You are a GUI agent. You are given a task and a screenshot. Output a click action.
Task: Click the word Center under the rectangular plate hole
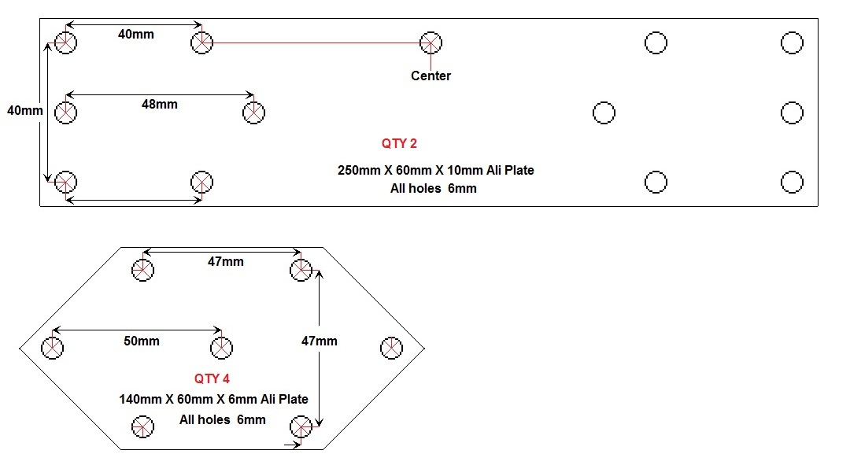[431, 76]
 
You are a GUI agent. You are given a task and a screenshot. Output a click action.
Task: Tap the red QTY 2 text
[399, 143]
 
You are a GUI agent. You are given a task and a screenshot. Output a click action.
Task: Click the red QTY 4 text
[212, 378]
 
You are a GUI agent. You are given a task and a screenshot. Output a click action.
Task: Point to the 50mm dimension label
[141, 341]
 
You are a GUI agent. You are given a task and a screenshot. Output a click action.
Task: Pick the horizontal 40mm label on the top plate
[135, 34]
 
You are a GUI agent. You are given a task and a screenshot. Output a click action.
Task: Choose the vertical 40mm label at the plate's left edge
[24, 110]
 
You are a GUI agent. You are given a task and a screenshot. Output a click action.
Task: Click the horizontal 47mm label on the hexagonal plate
[225, 261]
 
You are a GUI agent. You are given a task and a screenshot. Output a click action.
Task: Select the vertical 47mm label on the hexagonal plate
[320, 341]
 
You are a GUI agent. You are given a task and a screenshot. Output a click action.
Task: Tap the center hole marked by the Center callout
[431, 42]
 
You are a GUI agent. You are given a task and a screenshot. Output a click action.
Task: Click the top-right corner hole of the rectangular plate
[792, 42]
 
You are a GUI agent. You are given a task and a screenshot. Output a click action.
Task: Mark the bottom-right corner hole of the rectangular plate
[792, 182]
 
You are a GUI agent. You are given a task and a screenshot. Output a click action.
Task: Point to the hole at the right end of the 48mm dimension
[253, 113]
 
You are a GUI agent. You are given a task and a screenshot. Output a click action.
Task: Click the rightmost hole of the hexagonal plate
[391, 347]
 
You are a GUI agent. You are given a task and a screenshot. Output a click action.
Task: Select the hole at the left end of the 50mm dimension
[53, 347]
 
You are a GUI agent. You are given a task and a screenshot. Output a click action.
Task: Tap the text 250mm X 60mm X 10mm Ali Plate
[436, 170]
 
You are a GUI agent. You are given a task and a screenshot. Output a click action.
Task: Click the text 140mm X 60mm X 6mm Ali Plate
[213, 399]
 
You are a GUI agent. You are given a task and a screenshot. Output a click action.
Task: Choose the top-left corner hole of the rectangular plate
[66, 42]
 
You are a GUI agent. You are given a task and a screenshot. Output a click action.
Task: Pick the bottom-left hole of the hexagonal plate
[142, 426]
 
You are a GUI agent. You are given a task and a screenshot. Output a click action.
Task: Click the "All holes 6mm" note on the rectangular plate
[433, 188]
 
